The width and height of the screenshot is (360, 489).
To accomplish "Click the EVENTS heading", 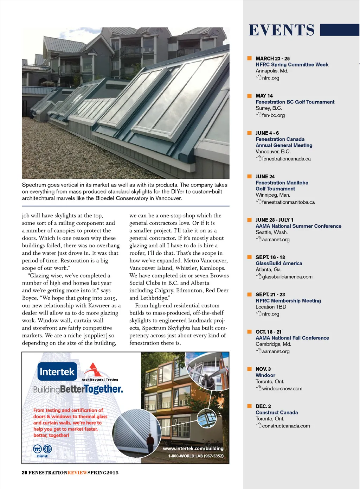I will [282, 30].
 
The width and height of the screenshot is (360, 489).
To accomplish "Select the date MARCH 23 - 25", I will [272, 58].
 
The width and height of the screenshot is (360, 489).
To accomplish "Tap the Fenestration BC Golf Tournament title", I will [295, 102].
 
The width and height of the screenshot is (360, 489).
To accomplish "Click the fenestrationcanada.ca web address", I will [286, 159].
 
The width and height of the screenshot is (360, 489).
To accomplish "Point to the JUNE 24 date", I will [265, 177].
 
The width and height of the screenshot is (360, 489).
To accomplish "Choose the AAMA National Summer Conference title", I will [298, 226].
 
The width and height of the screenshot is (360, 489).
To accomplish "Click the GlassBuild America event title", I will [279, 263].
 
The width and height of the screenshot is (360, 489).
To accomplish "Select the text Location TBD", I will [271, 307].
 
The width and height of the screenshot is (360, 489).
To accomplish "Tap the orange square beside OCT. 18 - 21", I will [249, 332].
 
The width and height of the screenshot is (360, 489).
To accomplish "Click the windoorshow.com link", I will [282, 389].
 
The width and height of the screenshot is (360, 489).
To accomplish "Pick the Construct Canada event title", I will [277, 413].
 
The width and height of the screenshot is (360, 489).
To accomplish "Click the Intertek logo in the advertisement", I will [57, 371].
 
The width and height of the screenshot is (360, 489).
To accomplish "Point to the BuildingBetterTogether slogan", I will [78, 389].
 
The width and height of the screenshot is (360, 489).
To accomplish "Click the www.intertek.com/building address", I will [193, 449].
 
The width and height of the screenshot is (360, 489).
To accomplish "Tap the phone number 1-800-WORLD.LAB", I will [196, 456].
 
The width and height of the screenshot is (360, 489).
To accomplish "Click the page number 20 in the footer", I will [24, 473].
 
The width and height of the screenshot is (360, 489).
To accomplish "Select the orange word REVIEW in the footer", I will [77, 473].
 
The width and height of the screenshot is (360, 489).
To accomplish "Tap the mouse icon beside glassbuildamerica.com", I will [259, 276].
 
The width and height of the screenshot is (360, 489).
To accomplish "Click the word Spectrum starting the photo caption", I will [34, 185].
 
